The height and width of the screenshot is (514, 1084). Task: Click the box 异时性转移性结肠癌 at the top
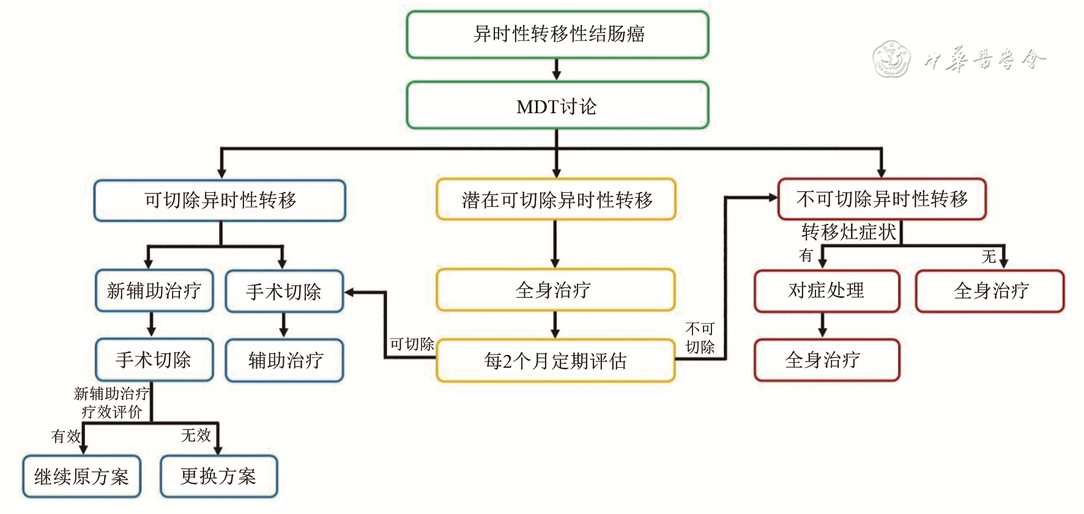(x=557, y=34)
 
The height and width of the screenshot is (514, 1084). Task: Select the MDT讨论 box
(x=557, y=106)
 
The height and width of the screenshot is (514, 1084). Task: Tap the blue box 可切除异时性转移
(x=220, y=200)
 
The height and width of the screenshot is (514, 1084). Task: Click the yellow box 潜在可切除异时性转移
(x=555, y=199)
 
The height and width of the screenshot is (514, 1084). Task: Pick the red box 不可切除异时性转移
(x=882, y=199)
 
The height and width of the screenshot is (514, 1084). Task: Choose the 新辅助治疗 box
(x=154, y=291)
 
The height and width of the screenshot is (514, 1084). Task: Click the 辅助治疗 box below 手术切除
(x=284, y=360)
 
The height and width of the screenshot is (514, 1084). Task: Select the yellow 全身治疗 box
(x=555, y=290)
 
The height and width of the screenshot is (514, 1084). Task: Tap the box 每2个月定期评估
(x=555, y=361)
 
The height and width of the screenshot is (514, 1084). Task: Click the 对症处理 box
(x=826, y=291)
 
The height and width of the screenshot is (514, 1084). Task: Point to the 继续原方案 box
(x=82, y=476)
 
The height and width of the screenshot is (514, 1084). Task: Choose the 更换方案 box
(x=218, y=476)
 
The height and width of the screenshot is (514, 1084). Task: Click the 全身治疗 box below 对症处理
(x=826, y=360)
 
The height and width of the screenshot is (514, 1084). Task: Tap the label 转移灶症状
(x=848, y=233)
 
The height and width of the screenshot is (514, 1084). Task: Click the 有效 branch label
(x=65, y=436)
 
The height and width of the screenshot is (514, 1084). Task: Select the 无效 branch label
(x=196, y=435)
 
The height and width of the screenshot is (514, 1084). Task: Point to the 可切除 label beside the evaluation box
(x=412, y=345)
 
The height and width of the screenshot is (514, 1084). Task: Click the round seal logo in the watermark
(x=891, y=59)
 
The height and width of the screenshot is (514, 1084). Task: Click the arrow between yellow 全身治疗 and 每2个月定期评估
(x=555, y=325)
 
